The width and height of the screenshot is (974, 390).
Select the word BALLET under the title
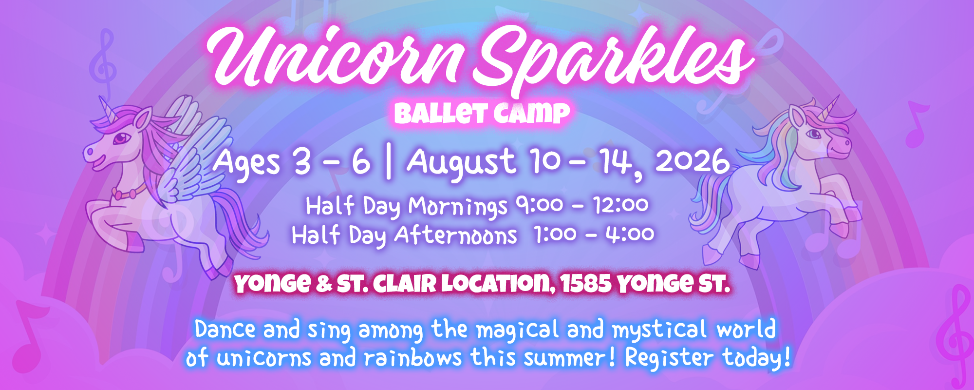pos(441,114)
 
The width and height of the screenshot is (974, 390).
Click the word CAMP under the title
pos(531,114)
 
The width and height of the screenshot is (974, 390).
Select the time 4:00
pos(630,234)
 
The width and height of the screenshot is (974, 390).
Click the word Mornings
pos(458,207)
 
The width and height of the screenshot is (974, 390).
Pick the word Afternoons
pos(456,235)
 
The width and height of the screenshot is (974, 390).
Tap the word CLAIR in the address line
pos(405,284)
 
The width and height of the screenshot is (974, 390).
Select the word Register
pos(669,358)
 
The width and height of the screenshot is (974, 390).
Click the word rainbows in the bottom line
pos(412,358)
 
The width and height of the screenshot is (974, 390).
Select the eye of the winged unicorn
pos(119,139)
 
